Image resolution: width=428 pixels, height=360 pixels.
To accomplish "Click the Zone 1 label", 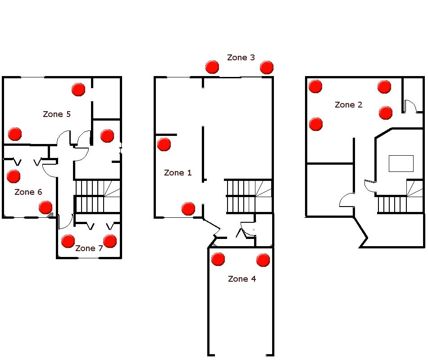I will pos(178,173).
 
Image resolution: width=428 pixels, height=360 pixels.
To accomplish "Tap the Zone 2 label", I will pos(348,105).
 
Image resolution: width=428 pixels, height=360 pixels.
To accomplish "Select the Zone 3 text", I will pos(241,58).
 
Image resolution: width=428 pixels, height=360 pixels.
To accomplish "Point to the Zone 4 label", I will pos(241,279).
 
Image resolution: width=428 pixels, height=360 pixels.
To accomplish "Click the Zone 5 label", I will pos(57,114).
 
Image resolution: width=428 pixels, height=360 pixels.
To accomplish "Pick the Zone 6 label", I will pos(28,192).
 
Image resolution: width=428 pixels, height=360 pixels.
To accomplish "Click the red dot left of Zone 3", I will pos(212,67).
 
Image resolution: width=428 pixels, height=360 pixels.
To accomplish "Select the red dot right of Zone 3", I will pos(267,67).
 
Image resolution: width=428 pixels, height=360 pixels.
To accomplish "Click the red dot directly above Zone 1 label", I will pos(164,144).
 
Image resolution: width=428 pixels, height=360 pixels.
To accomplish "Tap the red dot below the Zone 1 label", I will pos(188,208).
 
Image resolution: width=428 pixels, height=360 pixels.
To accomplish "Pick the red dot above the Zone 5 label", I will pos(78,89).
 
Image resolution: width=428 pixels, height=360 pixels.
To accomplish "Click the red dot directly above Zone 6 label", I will pos(14,176).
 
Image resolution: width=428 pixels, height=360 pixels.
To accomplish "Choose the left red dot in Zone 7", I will pos(68,241).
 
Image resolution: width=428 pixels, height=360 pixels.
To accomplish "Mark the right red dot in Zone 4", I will pos(263,260).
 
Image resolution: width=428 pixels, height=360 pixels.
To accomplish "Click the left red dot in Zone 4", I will pos(218,259).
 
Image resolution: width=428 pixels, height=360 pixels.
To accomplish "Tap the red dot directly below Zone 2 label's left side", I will pos(316,124).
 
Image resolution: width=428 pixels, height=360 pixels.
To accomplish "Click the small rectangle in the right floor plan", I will pos(401,163).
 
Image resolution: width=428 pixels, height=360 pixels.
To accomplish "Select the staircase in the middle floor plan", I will pos(248,196).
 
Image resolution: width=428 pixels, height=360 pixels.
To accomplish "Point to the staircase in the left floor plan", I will pos(97,196).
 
